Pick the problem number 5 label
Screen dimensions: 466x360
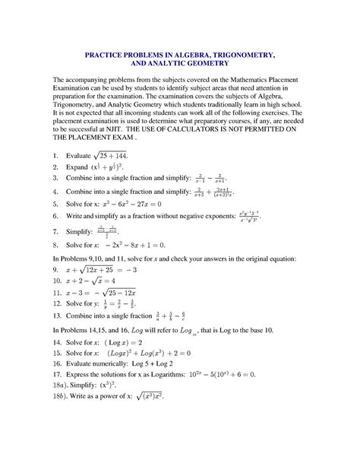pyautogui.click(x=55, y=204)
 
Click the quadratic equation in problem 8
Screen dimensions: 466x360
pyautogui.click(x=134, y=246)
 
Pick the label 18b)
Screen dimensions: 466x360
pyautogui.click(x=58, y=398)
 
